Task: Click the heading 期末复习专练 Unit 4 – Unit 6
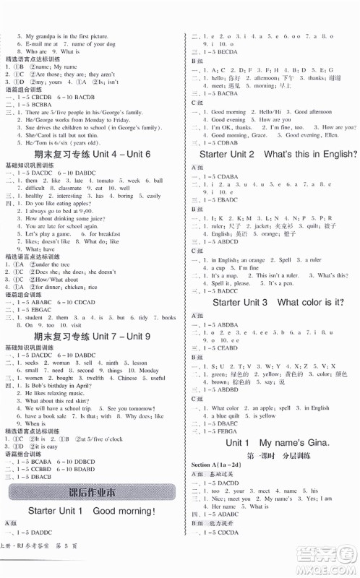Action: pyautogui.click(x=93, y=155)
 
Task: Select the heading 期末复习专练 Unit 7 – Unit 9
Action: pyautogui.click(x=93, y=336)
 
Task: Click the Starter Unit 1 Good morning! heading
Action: pyautogui.click(x=92, y=533)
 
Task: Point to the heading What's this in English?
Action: pyautogui.click(x=312, y=154)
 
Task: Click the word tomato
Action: pyautogui.click(x=106, y=180)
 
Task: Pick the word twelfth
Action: pyautogui.click(x=92, y=378)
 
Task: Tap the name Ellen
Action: pyautogui.click(x=331, y=135)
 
